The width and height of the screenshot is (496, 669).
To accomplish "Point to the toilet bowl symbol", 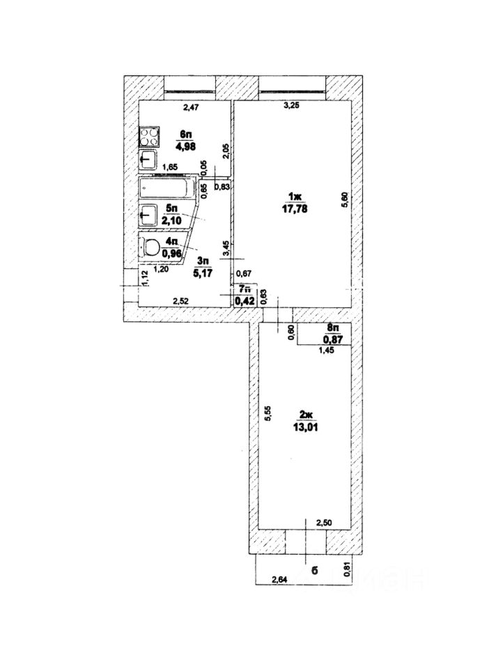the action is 149,245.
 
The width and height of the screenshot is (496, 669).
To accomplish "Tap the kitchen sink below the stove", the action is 148,160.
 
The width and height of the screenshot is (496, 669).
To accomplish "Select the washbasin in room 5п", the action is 148,215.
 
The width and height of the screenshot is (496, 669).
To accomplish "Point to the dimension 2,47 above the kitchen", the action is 191,107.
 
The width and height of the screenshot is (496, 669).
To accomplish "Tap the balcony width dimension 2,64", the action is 280,578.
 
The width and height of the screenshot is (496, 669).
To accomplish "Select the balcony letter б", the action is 314,571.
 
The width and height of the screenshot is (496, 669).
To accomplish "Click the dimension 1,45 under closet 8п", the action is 327,351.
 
